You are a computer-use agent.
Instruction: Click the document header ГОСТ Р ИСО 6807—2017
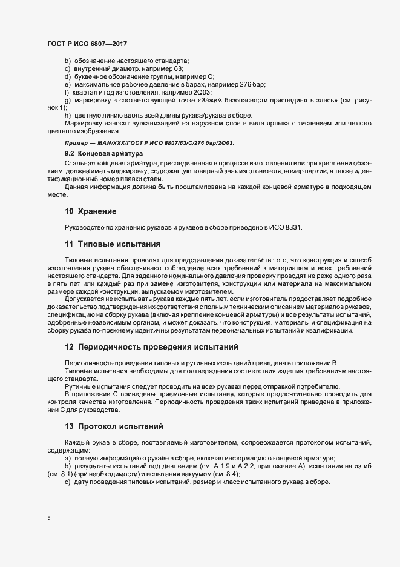87,43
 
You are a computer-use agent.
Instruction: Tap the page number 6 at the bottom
48,518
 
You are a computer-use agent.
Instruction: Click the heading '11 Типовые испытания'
112,244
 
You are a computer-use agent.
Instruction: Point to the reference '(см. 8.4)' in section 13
225,474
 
